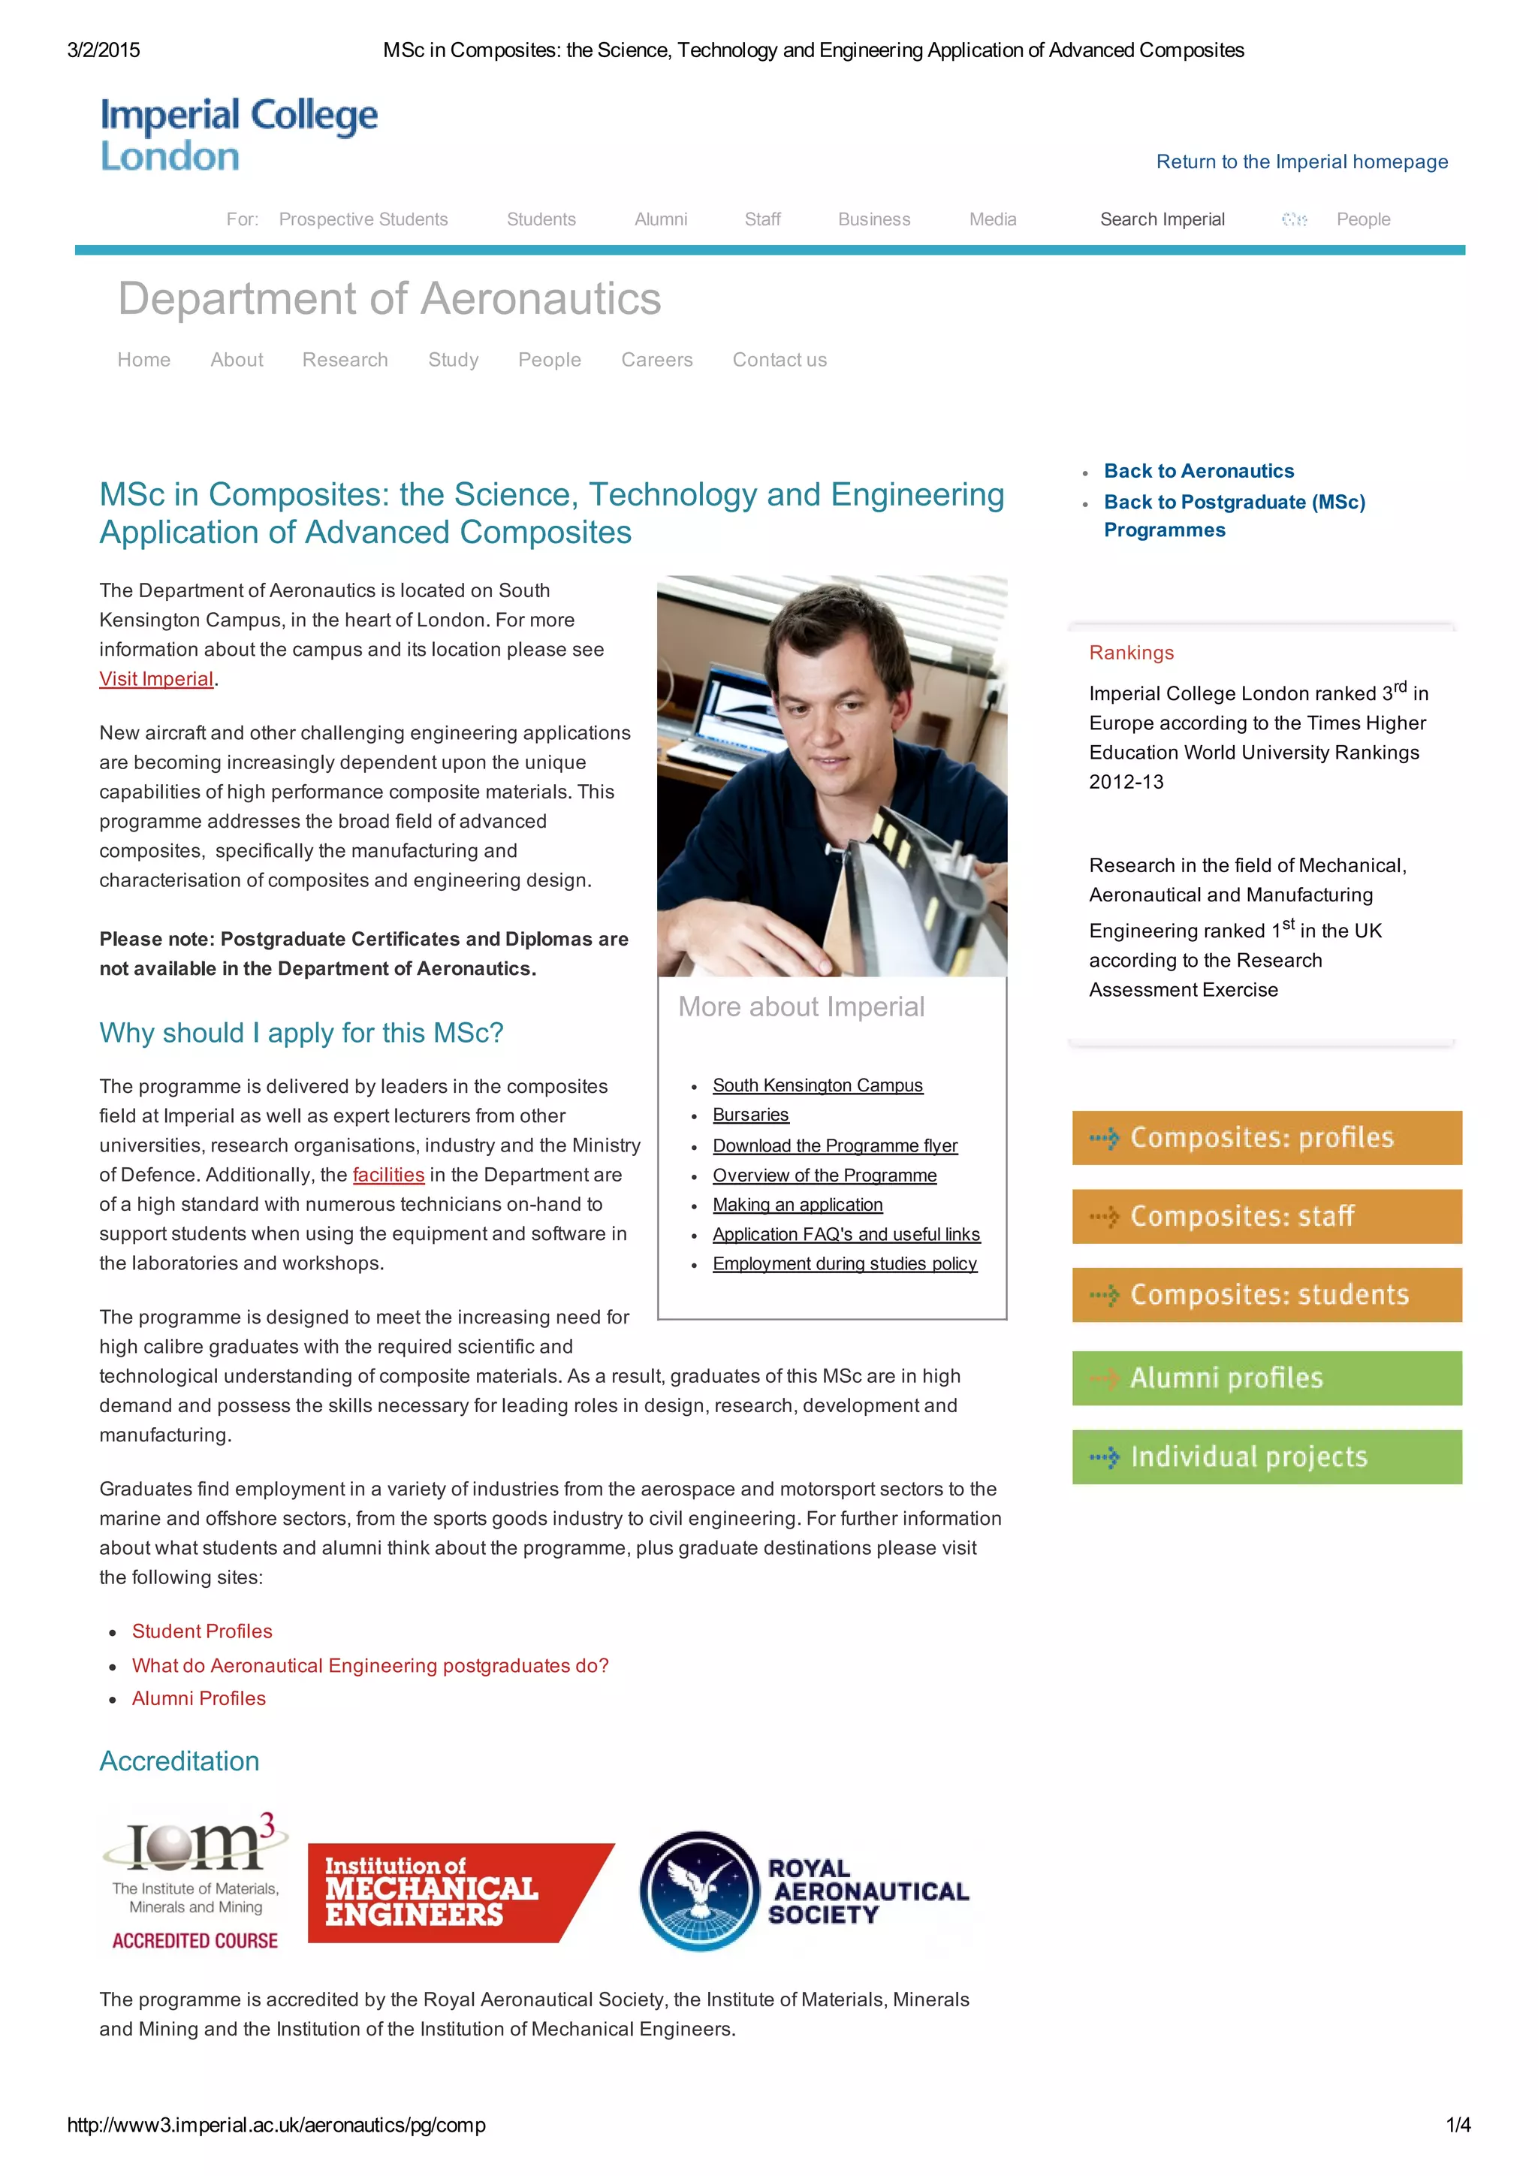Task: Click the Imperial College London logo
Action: [x=239, y=134]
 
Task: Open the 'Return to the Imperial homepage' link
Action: [x=1301, y=162]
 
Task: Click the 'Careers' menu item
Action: [x=656, y=360]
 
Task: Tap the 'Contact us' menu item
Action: [x=779, y=360]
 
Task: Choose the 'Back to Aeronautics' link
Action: [x=1198, y=471]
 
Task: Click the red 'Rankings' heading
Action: [x=1130, y=653]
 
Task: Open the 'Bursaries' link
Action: [x=750, y=1115]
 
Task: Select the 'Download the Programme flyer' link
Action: [x=835, y=1145]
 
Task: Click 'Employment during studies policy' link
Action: [x=844, y=1264]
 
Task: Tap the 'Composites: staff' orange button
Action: [x=1266, y=1216]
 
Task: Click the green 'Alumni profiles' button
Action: [x=1266, y=1378]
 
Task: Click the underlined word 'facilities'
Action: [x=388, y=1176]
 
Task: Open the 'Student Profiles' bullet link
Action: [x=202, y=1631]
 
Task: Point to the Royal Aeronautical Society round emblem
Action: [x=699, y=1891]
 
